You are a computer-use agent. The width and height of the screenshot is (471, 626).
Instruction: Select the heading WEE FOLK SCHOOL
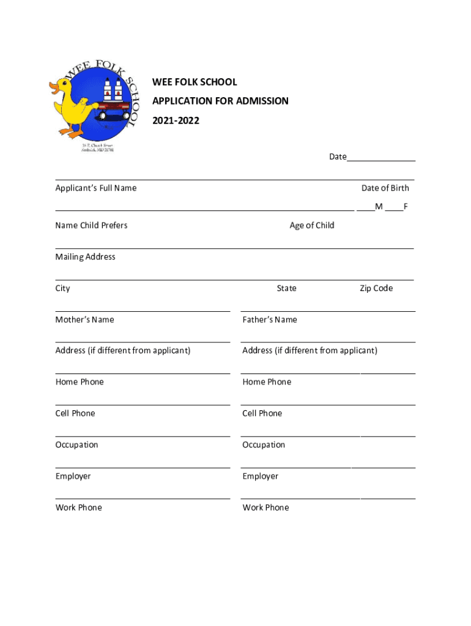point(195,82)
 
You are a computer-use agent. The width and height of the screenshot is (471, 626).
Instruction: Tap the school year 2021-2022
point(176,121)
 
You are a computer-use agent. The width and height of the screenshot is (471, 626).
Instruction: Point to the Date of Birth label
point(385,188)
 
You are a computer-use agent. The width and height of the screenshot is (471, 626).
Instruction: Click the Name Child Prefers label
point(91,226)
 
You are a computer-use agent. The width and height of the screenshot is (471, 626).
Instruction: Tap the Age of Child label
point(312,226)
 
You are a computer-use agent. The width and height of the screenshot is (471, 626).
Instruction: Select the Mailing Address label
point(85,257)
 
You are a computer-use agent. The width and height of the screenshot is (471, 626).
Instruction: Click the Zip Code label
point(376,289)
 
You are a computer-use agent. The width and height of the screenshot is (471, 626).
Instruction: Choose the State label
point(286,289)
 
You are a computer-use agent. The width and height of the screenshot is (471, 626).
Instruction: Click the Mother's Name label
point(84,320)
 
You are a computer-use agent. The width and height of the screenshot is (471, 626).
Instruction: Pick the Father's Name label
point(270,320)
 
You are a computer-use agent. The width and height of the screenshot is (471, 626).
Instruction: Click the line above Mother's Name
point(143,311)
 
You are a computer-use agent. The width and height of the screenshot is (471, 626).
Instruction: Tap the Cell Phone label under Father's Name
point(262,413)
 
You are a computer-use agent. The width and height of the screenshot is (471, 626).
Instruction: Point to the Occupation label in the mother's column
point(76,445)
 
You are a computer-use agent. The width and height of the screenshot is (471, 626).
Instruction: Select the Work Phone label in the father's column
point(265,507)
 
